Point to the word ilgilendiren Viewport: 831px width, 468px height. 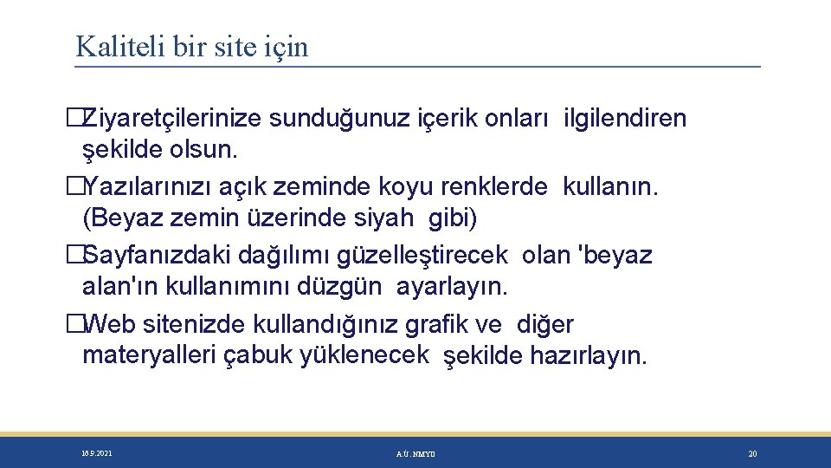625,119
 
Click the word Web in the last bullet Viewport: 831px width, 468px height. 111,324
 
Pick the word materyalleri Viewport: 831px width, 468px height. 150,354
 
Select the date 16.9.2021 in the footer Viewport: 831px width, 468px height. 96,453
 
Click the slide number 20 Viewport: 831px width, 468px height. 752,453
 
